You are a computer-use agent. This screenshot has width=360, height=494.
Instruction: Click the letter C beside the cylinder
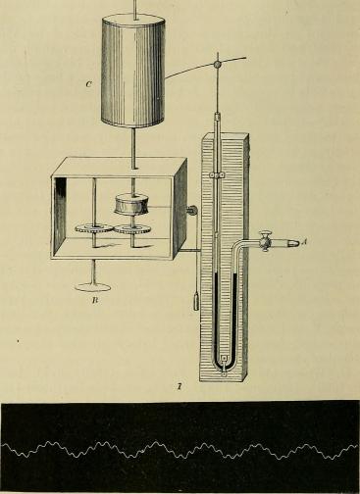pos(88,85)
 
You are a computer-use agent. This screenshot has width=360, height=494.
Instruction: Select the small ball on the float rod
pos(216,65)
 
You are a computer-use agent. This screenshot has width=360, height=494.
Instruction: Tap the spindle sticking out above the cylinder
pos(132,8)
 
